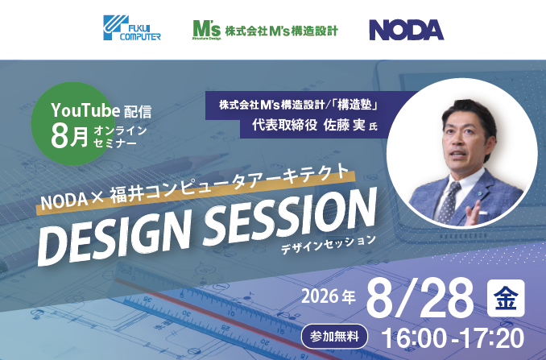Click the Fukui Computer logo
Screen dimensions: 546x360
coord(132,28)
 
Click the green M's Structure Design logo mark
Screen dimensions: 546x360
coord(207,30)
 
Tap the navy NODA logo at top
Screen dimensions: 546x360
coord(407,30)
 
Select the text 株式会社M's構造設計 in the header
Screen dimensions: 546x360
coord(281,31)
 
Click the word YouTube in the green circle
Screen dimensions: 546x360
coord(81,110)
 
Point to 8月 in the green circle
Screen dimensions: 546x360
coord(69,136)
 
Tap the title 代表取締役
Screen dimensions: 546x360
coord(284,125)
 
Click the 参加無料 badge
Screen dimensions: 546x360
coord(334,337)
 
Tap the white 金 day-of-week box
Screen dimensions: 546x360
coord(506,298)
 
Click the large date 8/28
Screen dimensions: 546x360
coord(420,298)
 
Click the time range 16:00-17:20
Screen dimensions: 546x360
coord(453,337)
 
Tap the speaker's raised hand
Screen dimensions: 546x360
coord(474,213)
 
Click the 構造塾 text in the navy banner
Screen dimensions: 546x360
coord(354,105)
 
